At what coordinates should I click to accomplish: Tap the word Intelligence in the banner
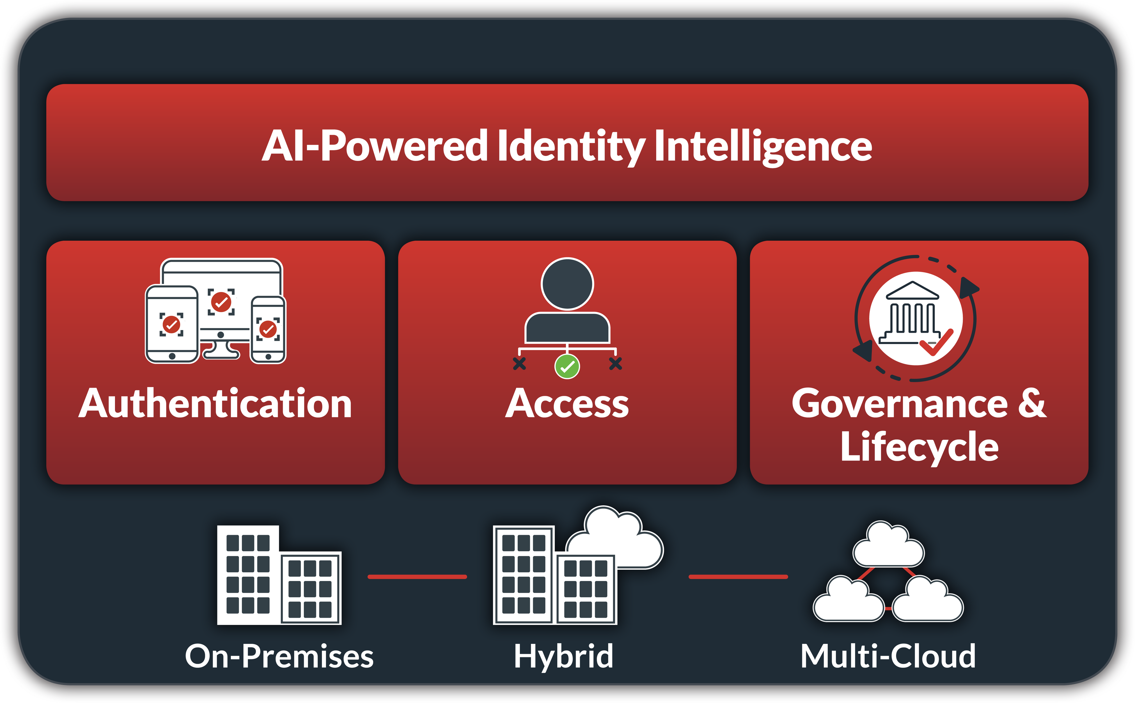763,146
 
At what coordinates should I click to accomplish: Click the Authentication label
215,403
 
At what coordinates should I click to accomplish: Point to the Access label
567,403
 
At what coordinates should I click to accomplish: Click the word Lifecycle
919,446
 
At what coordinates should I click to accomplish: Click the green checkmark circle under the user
567,366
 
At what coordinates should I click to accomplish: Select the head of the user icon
567,284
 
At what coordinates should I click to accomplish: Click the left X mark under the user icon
519,363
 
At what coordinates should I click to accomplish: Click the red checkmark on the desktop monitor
221,302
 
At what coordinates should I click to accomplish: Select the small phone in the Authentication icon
268,329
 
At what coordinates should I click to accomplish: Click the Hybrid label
563,656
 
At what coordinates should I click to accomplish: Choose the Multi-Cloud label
888,656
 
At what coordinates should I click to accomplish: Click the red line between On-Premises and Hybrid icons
417,577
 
